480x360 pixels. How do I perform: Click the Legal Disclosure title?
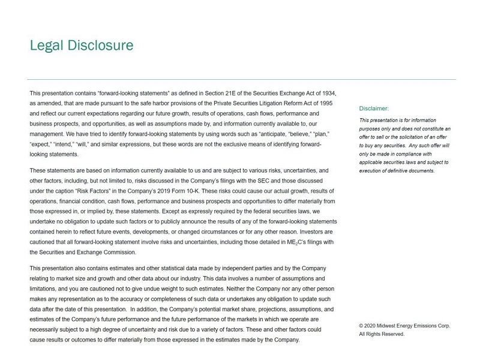[x=82, y=46]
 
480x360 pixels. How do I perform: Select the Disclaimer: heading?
[x=374, y=109]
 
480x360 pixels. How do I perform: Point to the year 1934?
[x=327, y=94]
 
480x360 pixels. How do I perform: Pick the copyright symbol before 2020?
[x=361, y=326]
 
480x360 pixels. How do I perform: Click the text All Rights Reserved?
[x=382, y=334]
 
